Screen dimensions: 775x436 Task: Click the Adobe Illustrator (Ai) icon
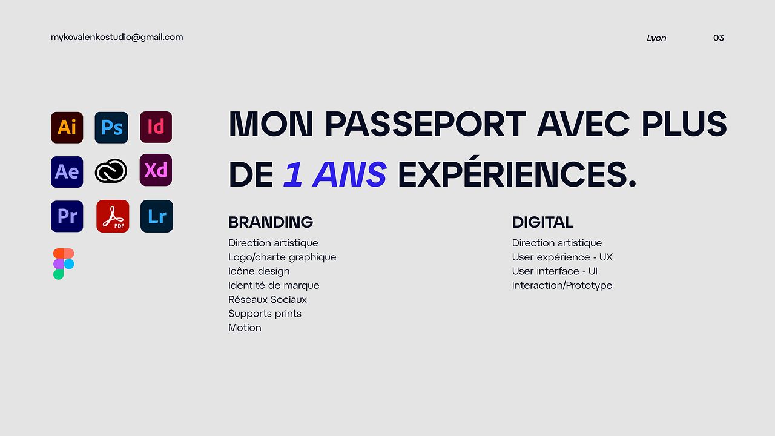pyautogui.click(x=67, y=127)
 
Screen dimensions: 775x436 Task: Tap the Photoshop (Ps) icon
pyautogui.click(x=111, y=127)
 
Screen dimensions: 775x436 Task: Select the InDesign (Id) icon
pyautogui.click(x=156, y=127)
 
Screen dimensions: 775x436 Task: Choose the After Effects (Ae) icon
pyautogui.click(x=67, y=172)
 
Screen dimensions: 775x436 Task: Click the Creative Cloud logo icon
pyautogui.click(x=111, y=171)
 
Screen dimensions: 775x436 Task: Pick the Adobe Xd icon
pyautogui.click(x=156, y=170)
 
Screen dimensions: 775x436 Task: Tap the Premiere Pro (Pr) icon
pyautogui.click(x=67, y=216)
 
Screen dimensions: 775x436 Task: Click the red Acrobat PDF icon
pyautogui.click(x=113, y=216)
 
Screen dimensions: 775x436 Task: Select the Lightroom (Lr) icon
pyautogui.click(x=157, y=216)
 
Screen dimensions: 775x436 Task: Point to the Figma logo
pyautogui.click(x=64, y=263)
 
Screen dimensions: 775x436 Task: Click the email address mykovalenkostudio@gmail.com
pyautogui.click(x=117, y=38)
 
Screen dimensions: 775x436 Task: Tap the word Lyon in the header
pyautogui.click(x=656, y=38)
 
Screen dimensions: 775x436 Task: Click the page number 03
pyautogui.click(x=719, y=38)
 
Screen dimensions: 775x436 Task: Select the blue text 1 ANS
pyautogui.click(x=335, y=174)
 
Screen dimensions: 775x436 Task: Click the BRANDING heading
pyautogui.click(x=271, y=222)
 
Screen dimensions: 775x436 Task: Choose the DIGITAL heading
pyautogui.click(x=542, y=222)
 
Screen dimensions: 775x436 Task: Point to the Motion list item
pyautogui.click(x=245, y=328)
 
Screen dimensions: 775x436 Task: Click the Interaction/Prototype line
pyautogui.click(x=562, y=285)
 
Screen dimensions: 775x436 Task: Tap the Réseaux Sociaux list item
pyautogui.click(x=268, y=299)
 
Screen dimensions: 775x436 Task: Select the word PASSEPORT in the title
pyautogui.click(x=426, y=124)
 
